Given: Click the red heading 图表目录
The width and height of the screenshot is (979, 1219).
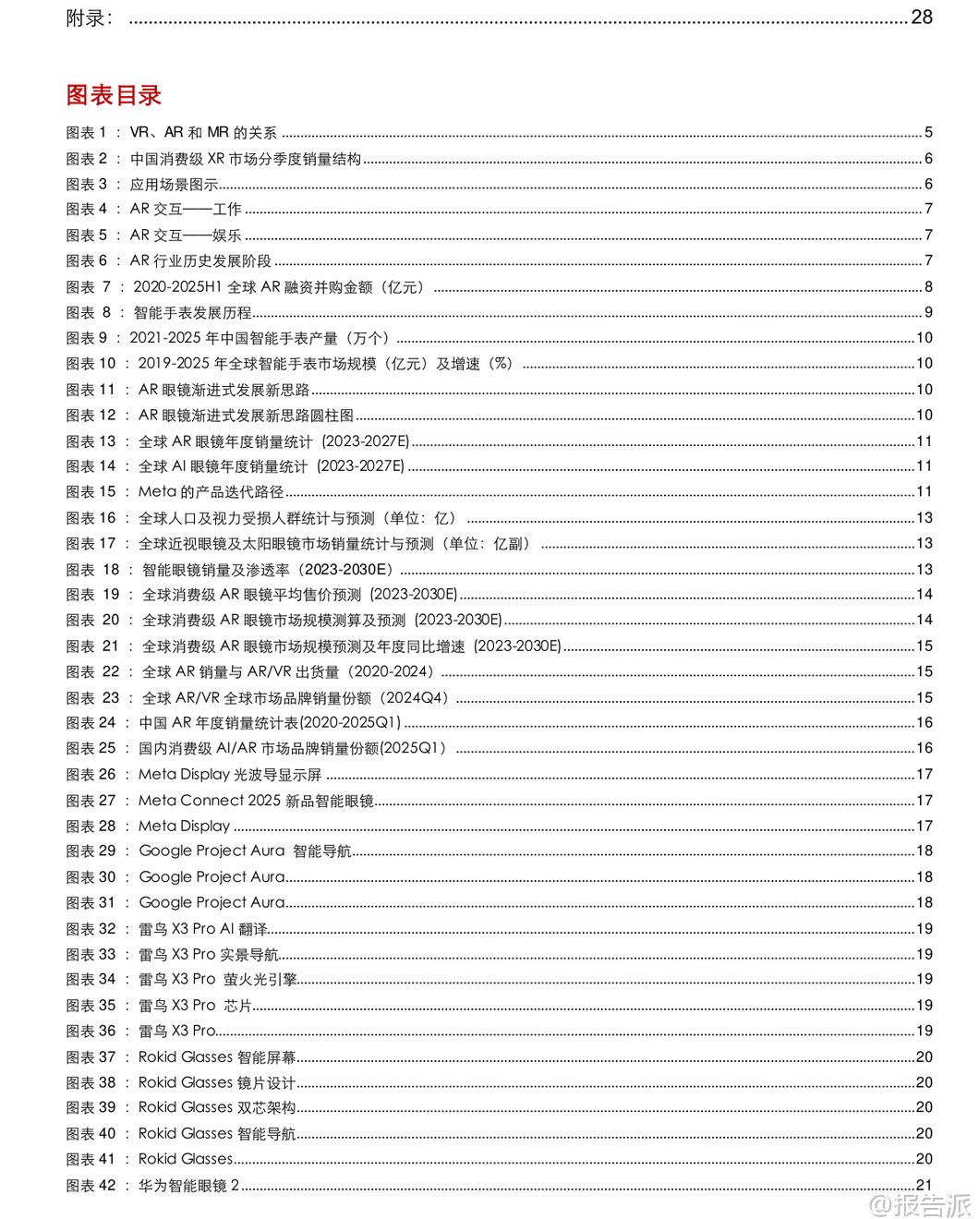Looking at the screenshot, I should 114,95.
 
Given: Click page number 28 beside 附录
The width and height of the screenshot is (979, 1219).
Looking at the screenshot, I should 922,18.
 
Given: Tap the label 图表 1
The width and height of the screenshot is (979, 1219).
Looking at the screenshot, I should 87,133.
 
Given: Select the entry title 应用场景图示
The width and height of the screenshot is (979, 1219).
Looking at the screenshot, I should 174,185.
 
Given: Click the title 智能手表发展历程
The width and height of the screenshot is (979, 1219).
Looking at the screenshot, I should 192,313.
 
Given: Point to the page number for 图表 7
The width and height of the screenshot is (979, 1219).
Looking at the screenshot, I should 928,287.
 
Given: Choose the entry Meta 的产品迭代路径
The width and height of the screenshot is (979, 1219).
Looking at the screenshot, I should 211,492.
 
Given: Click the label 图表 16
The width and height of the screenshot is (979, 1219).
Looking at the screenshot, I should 91,518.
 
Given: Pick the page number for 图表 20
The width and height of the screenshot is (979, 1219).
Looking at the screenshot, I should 924,621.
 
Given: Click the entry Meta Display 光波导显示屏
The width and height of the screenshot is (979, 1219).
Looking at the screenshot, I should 230,775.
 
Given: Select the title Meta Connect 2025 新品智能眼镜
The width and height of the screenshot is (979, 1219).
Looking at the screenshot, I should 256,801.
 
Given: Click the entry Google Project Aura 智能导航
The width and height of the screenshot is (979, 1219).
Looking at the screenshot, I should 245,851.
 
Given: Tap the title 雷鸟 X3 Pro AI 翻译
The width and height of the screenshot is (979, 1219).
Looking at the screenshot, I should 202,929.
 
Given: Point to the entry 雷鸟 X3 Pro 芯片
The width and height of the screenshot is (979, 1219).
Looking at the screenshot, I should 195,1006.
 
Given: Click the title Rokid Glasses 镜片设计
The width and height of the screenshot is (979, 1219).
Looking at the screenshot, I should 217,1082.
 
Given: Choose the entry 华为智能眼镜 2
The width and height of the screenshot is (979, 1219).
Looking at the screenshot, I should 188,1186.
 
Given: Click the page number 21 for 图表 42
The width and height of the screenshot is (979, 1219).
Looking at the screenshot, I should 924,1186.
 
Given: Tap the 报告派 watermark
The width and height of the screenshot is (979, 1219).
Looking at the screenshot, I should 921,1204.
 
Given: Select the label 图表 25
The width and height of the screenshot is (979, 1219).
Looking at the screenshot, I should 91,749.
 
